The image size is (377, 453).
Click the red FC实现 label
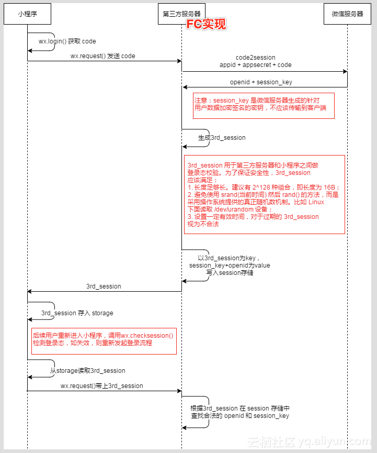[x=207, y=24]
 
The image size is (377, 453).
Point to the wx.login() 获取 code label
[x=67, y=41]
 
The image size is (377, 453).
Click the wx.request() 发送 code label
[x=104, y=56]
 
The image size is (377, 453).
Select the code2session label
[x=256, y=58]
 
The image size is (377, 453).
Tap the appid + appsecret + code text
[x=256, y=65]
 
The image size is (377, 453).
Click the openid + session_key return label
[x=261, y=82]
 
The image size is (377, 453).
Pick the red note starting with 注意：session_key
[x=264, y=104]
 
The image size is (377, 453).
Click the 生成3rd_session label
[x=222, y=138]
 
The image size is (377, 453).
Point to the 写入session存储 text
[x=230, y=273]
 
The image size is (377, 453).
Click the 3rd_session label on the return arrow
[x=104, y=286]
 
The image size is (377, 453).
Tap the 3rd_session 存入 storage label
[x=77, y=313]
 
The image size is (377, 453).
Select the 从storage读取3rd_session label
[x=88, y=371]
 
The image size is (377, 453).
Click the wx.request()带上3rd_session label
[x=102, y=386]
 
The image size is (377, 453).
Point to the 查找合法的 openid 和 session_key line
[x=239, y=416]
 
